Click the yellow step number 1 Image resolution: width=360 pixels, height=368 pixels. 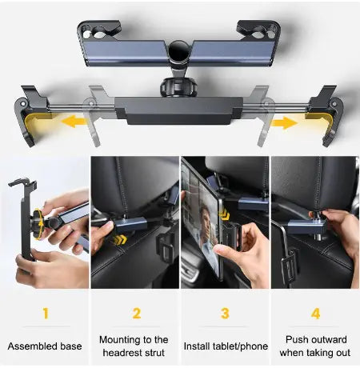[x=45, y=313]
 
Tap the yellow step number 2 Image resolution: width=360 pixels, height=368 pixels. [x=136, y=313]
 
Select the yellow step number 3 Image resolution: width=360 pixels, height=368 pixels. [x=225, y=313]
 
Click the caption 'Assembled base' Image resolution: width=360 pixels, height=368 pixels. [x=45, y=346]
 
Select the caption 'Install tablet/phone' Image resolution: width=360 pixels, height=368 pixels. [x=225, y=346]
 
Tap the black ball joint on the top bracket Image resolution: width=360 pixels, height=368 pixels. [x=178, y=57]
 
